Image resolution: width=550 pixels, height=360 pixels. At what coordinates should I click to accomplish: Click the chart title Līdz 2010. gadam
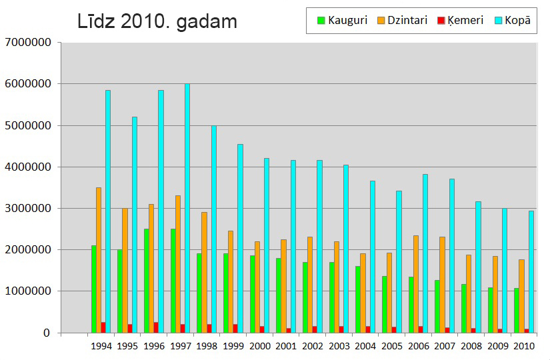coord(157,22)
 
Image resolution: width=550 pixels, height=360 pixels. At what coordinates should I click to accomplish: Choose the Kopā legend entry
coord(517,21)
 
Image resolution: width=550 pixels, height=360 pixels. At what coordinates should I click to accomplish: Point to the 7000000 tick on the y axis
coord(27,43)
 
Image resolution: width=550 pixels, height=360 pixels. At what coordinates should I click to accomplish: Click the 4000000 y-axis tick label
coord(27,167)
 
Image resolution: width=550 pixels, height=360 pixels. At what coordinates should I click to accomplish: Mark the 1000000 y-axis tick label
coord(27,291)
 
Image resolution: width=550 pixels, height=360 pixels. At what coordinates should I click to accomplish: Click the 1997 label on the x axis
coord(181,346)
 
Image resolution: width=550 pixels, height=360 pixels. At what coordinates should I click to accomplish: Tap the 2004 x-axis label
coord(365,346)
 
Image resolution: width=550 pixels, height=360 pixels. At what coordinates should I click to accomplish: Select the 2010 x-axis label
coord(524,346)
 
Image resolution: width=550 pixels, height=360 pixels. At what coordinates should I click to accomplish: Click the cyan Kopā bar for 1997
coord(187,208)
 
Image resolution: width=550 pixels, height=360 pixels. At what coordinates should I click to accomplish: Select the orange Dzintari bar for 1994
coord(99,260)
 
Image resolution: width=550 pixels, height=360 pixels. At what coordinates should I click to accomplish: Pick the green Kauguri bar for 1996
coord(147,281)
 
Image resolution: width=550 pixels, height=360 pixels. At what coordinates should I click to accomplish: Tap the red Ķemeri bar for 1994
coord(103,327)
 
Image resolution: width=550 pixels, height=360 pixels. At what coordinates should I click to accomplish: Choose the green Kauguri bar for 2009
coord(491,310)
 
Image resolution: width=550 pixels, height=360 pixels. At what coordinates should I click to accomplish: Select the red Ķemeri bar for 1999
coord(235,329)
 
